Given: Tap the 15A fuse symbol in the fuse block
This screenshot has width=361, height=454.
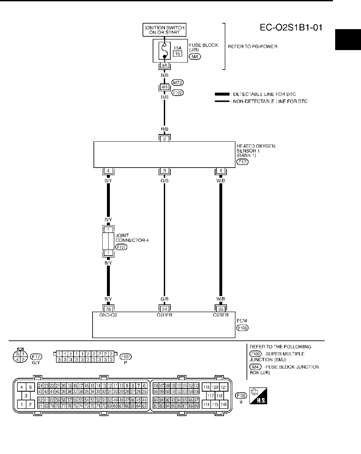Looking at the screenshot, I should [165, 51].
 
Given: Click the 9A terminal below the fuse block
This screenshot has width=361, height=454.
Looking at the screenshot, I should [164, 65].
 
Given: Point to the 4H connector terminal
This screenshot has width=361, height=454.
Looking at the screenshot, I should [164, 87].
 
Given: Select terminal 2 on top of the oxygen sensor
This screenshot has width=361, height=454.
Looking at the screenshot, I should [164, 138].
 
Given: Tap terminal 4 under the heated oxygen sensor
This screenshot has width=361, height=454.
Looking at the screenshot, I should [108, 171].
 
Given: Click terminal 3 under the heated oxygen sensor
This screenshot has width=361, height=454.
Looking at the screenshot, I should [164, 171].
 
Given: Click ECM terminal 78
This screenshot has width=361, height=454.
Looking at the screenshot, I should [108, 309].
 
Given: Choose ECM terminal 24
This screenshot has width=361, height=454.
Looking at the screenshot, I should [164, 309].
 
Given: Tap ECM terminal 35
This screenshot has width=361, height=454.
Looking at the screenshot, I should [221, 309].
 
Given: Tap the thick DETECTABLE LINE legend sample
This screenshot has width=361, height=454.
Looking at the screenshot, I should [222, 94].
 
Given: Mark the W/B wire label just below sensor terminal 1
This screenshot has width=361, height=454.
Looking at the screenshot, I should [221, 180].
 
